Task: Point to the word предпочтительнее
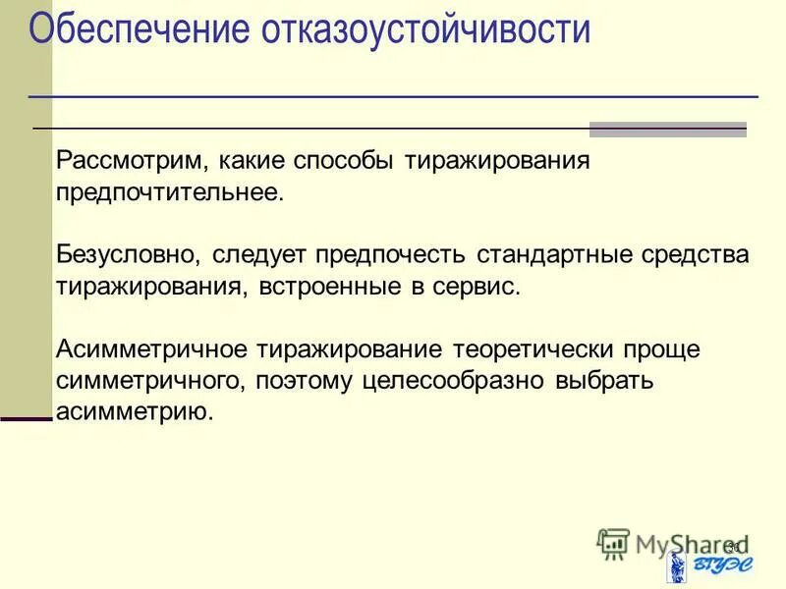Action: [x=169, y=191]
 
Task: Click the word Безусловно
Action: [x=128, y=255]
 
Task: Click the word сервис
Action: [x=476, y=287]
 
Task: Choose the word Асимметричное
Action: [x=152, y=350]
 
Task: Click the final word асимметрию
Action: [x=134, y=412]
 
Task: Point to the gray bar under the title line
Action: [x=667, y=130]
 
